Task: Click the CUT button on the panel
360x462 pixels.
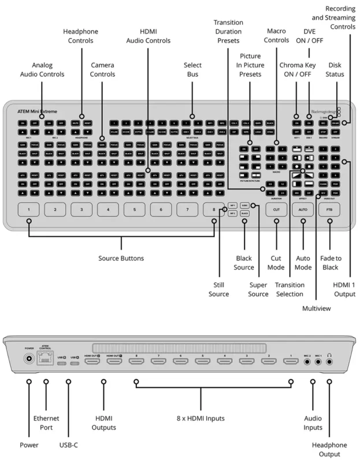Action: (x=276, y=210)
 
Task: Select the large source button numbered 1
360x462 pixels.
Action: (x=28, y=210)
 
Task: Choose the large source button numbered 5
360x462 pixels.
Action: (x=135, y=210)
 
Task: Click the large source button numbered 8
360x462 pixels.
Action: (x=214, y=210)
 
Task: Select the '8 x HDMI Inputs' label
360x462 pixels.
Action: (x=201, y=418)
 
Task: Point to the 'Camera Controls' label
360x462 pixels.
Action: (x=102, y=70)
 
